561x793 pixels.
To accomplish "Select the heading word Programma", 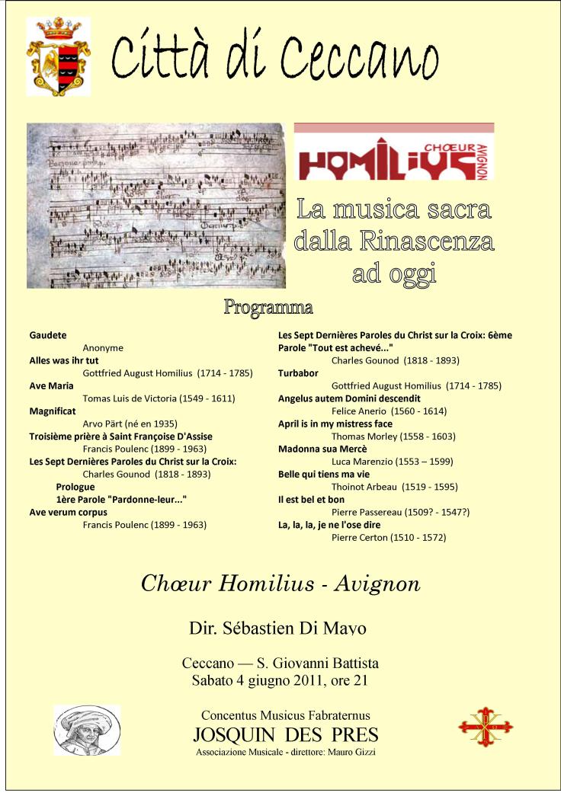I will (x=268, y=308).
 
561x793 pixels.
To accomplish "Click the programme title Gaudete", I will (x=48, y=334).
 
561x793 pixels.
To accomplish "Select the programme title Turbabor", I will (x=298, y=373).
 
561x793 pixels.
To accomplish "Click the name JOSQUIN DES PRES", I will (x=286, y=735).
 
